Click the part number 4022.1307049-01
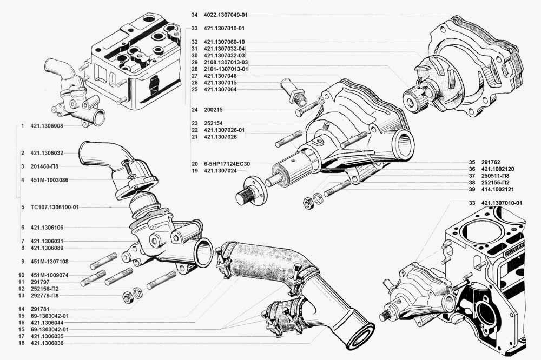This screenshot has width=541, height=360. point(226,15)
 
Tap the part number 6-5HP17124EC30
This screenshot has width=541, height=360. point(227,164)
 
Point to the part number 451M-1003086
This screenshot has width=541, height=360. point(49,180)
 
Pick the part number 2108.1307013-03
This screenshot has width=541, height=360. point(226,62)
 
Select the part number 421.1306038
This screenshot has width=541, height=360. point(47,343)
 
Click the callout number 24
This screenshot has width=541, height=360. point(195,110)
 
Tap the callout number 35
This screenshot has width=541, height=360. point(472,162)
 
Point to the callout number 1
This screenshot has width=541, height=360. point(22,126)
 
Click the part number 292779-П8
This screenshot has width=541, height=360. point(44,296)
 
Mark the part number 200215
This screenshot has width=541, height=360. point(213,110)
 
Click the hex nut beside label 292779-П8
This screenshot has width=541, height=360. point(127,297)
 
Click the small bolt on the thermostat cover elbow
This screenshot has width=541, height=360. point(126,166)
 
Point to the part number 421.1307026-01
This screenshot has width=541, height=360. point(224,130)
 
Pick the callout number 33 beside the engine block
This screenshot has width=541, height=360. point(472,203)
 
